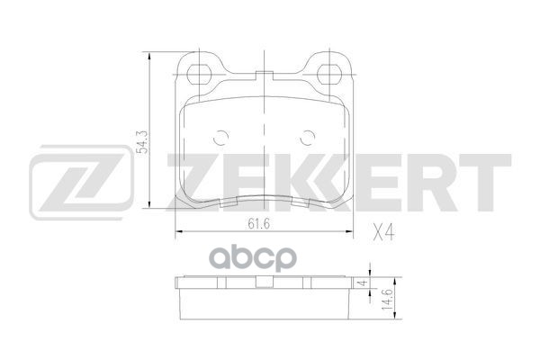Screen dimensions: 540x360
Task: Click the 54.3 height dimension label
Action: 143,141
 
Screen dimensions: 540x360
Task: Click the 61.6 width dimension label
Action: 258,224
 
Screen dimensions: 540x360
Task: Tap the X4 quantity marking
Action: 383,232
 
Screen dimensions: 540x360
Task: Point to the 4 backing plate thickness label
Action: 362,283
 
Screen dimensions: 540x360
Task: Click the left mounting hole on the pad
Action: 199,74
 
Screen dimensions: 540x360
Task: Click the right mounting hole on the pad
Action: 328,74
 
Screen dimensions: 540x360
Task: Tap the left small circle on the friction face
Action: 220,138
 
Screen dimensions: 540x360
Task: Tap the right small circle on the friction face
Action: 308,138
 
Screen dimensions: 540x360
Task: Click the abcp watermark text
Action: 253,257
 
